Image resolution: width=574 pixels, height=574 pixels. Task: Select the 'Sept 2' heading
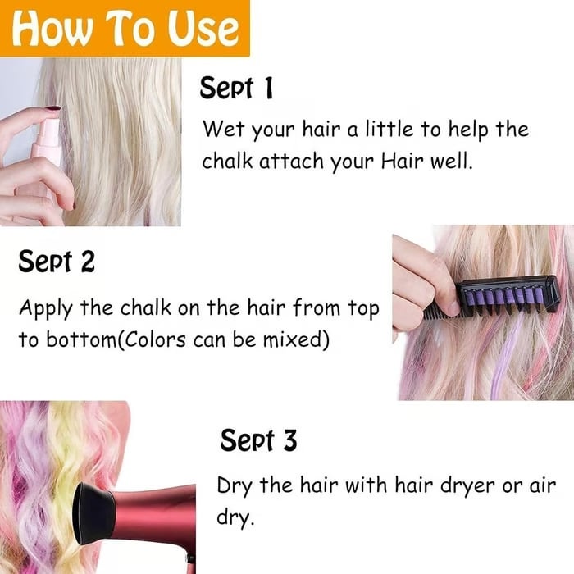click(x=56, y=262)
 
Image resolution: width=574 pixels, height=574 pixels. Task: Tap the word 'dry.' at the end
click(x=235, y=517)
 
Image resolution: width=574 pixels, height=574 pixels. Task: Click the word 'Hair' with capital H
click(x=399, y=162)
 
